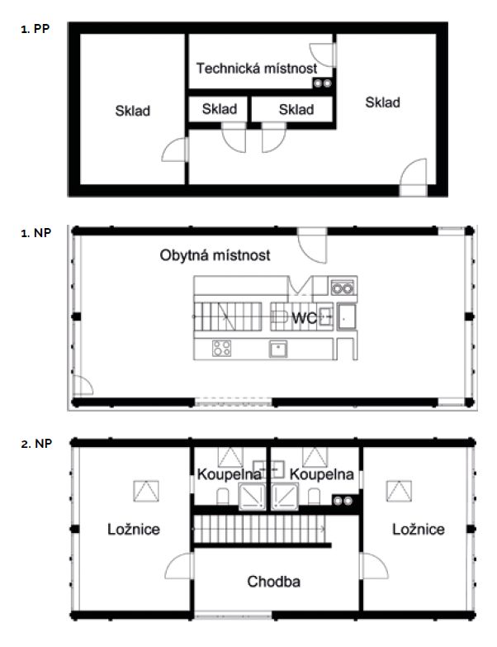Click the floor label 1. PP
click(x=35, y=29)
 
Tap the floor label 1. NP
click(x=35, y=233)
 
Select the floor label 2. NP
click(x=36, y=444)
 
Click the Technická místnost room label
click(x=257, y=68)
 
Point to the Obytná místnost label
click(x=215, y=255)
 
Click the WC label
click(x=305, y=318)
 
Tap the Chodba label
click(x=273, y=582)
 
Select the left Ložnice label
click(x=134, y=529)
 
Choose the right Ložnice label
click(x=419, y=529)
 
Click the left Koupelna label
click(x=230, y=474)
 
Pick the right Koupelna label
click(x=321, y=474)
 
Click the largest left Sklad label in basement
click(x=133, y=111)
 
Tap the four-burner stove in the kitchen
click(x=222, y=348)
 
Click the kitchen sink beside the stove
click(x=278, y=349)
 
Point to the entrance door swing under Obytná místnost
click(x=312, y=245)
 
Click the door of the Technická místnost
click(x=323, y=55)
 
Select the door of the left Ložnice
click(x=179, y=566)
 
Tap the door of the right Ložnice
click(x=374, y=566)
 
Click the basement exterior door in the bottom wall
click(x=414, y=177)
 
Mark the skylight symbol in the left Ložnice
click(x=146, y=491)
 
